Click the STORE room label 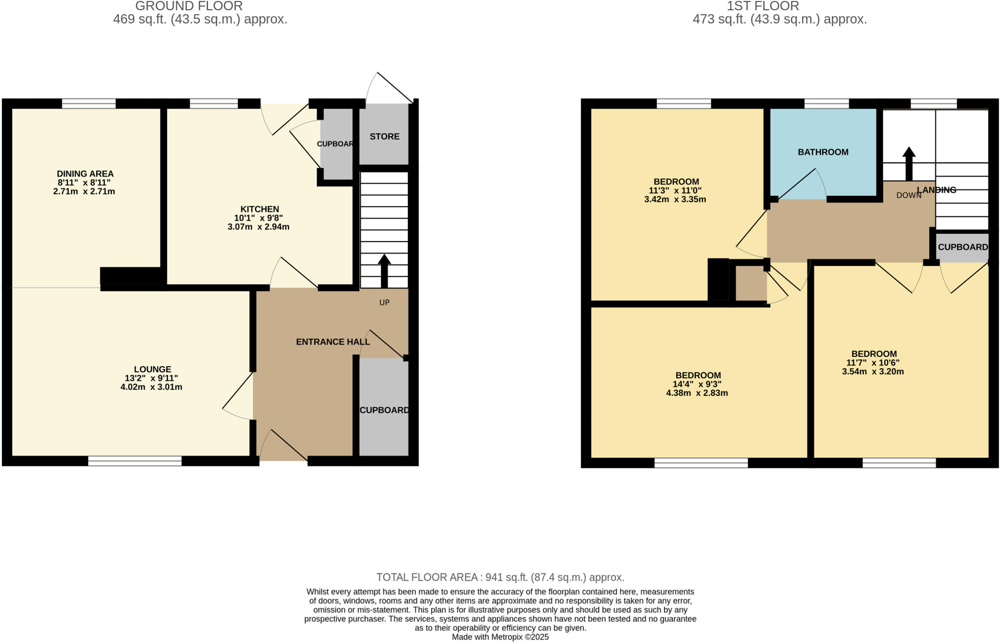click(384, 137)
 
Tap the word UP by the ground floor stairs click(384, 303)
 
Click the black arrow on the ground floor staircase click(384, 270)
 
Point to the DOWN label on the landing click(908, 195)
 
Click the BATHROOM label click(823, 152)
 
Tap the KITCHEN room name click(259, 209)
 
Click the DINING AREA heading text click(85, 174)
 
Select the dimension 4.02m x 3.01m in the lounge click(151, 387)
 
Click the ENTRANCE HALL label click(333, 342)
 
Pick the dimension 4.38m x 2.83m click(697, 393)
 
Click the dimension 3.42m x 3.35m click(675, 199)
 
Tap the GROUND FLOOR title click(188, 6)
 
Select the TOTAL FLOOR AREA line click(500, 577)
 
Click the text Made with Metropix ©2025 click(500, 637)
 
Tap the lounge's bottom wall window click(135, 460)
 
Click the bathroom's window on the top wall click(826, 104)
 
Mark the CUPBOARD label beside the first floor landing click(962, 247)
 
